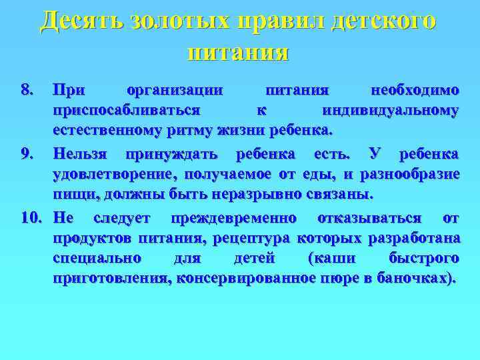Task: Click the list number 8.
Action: tap(27, 89)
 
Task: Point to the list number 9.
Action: tap(27, 155)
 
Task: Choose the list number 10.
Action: tap(31, 219)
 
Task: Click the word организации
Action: tap(174, 89)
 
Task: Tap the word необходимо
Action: tap(414, 89)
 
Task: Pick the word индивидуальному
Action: tap(390, 109)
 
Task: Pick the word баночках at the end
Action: tap(418, 279)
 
